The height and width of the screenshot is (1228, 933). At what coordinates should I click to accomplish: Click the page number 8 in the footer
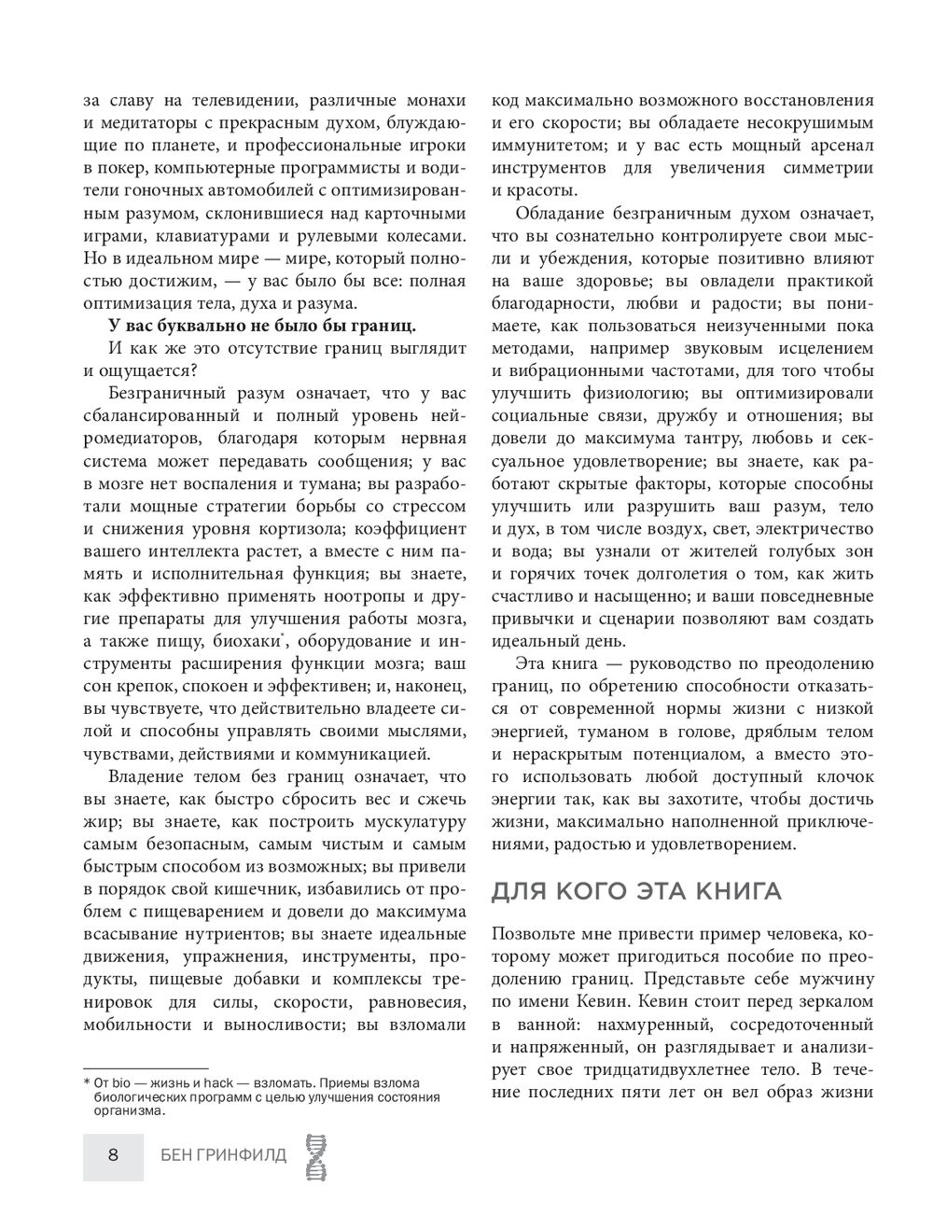click(113, 1156)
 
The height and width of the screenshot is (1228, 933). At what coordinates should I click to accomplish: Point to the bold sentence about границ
click(263, 325)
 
